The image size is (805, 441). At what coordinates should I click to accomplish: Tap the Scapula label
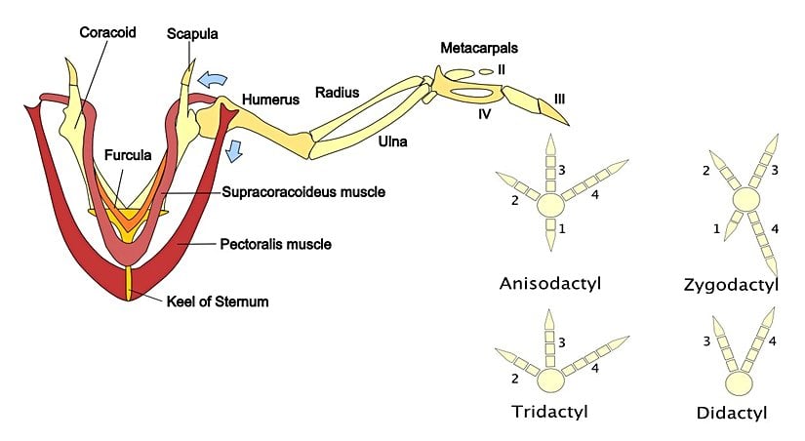(x=191, y=33)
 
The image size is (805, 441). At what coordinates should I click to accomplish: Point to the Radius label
(x=337, y=93)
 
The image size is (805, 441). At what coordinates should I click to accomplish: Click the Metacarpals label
(x=478, y=48)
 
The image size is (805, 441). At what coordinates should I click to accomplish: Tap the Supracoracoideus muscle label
(x=303, y=192)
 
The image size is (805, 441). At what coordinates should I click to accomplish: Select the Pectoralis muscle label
(x=276, y=243)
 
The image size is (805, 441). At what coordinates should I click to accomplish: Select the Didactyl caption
(x=732, y=413)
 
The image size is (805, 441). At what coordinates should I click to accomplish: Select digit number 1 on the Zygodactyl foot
(x=716, y=227)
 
